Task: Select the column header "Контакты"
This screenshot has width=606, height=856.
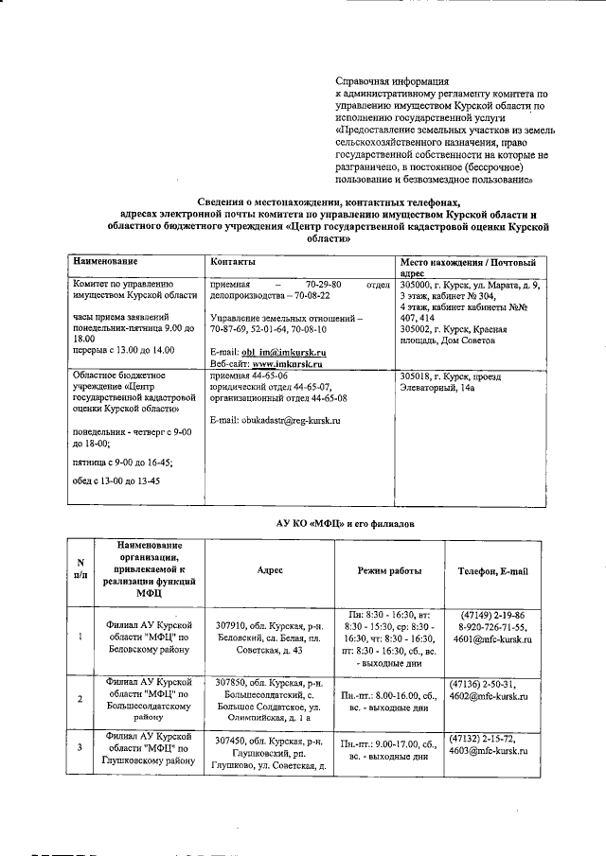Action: click(x=233, y=260)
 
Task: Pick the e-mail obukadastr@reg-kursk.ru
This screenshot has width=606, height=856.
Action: click(x=275, y=419)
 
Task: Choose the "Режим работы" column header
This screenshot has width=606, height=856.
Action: click(x=389, y=571)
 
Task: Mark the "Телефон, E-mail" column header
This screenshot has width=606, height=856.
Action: click(x=493, y=571)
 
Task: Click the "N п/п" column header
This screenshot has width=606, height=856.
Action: click(x=80, y=570)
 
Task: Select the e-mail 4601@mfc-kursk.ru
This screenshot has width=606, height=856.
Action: click(x=494, y=640)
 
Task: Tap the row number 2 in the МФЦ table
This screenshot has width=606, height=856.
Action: click(x=79, y=699)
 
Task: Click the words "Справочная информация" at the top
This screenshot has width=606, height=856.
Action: click(x=392, y=82)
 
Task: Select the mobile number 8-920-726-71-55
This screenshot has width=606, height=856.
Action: click(x=493, y=627)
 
